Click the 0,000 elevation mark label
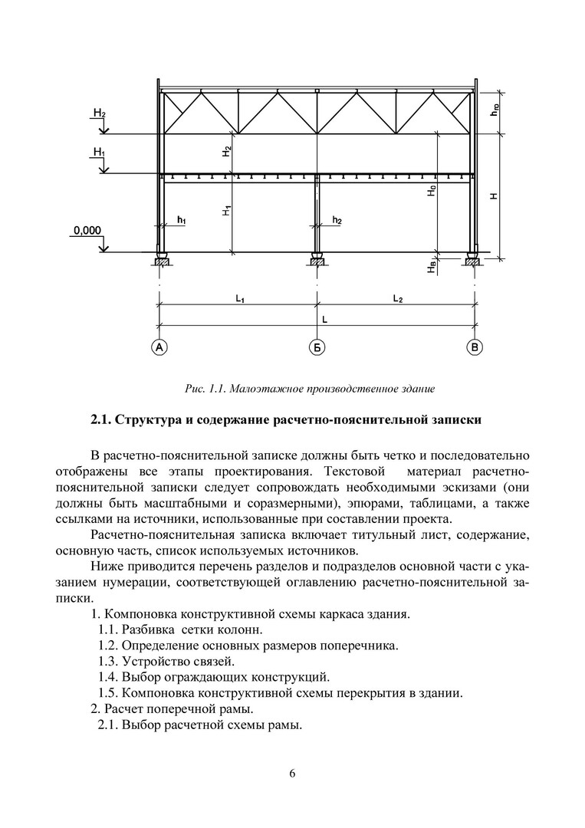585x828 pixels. [x=87, y=229]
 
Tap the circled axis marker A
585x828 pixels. [x=159, y=348]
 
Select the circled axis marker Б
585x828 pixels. [x=317, y=348]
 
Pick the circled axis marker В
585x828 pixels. [x=475, y=348]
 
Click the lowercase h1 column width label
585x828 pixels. [x=182, y=221]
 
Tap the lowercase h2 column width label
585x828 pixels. [x=337, y=221]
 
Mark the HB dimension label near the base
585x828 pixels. [x=432, y=265]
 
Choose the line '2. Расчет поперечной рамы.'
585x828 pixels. [x=172, y=709]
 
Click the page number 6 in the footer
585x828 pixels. [x=292, y=772]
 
